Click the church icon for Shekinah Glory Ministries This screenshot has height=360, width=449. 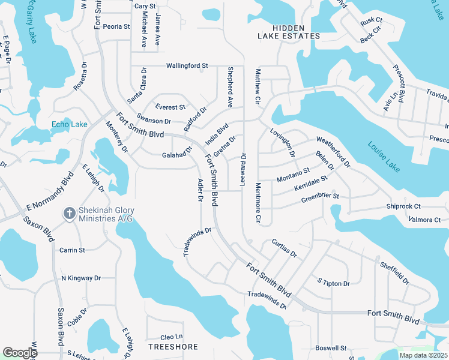[x=70, y=213]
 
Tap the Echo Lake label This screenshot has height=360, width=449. [x=69, y=124]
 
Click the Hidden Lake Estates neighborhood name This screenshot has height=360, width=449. [x=289, y=32]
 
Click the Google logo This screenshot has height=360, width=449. [x=20, y=353]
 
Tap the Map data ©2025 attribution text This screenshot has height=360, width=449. [x=423, y=355]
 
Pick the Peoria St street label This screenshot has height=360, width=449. [x=116, y=26]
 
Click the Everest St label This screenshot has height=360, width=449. [x=170, y=107]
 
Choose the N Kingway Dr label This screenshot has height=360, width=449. [x=81, y=278]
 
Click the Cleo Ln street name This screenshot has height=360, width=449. [x=171, y=337]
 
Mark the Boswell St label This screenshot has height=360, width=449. [x=331, y=348]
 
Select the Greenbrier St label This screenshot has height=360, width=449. [x=320, y=196]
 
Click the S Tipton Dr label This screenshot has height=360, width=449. [x=333, y=281]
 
